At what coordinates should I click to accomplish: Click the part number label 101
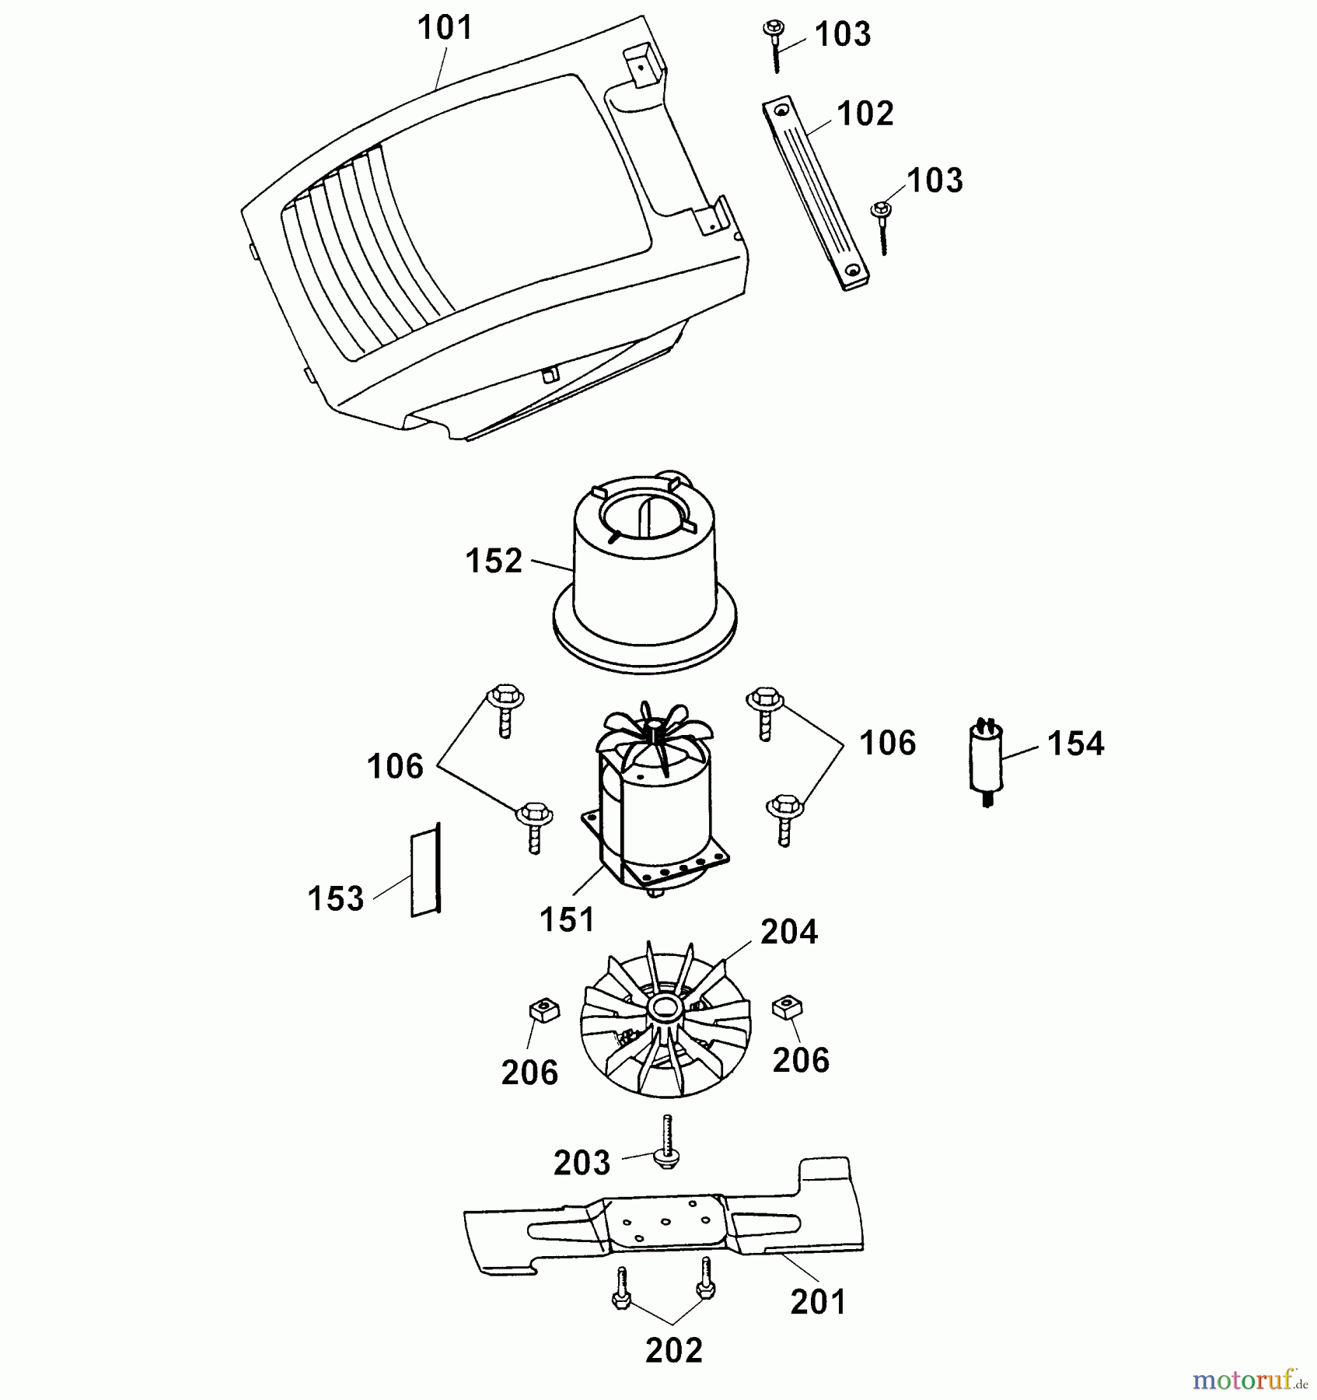click(x=445, y=28)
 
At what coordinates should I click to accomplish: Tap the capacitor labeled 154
click(x=986, y=759)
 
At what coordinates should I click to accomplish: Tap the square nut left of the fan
click(x=544, y=1011)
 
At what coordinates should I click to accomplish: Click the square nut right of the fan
click(x=787, y=1008)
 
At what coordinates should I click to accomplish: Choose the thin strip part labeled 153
click(x=425, y=871)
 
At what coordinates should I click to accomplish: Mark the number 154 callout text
click(x=1075, y=744)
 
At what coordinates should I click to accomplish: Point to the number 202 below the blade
click(x=673, y=1351)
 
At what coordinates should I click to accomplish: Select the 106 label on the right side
click(x=887, y=744)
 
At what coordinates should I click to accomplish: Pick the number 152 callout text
click(x=494, y=562)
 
